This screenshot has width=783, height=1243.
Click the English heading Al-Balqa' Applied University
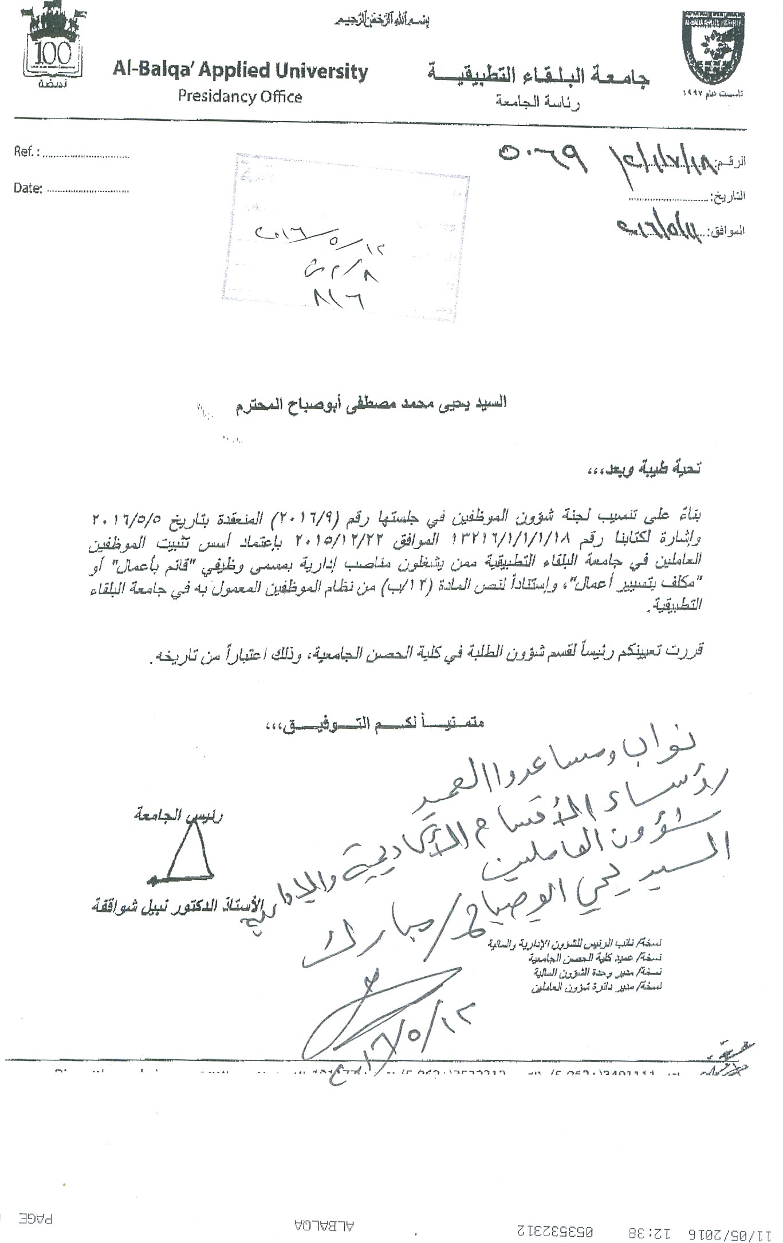click(x=240, y=72)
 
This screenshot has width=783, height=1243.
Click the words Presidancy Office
click(x=239, y=96)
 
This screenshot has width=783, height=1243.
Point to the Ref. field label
click(x=26, y=153)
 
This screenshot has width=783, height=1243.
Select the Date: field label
click(x=27, y=188)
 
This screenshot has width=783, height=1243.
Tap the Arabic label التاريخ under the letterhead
click(x=728, y=196)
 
